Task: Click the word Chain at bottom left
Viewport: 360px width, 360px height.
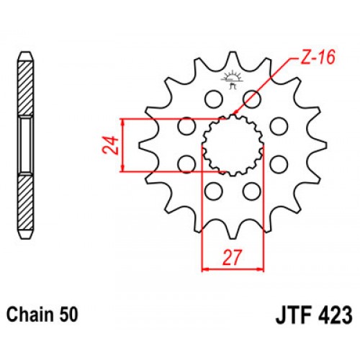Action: point(30,315)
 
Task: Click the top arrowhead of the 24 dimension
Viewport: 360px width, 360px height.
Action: point(125,121)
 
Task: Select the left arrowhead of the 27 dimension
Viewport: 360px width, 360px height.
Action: point(205,269)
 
